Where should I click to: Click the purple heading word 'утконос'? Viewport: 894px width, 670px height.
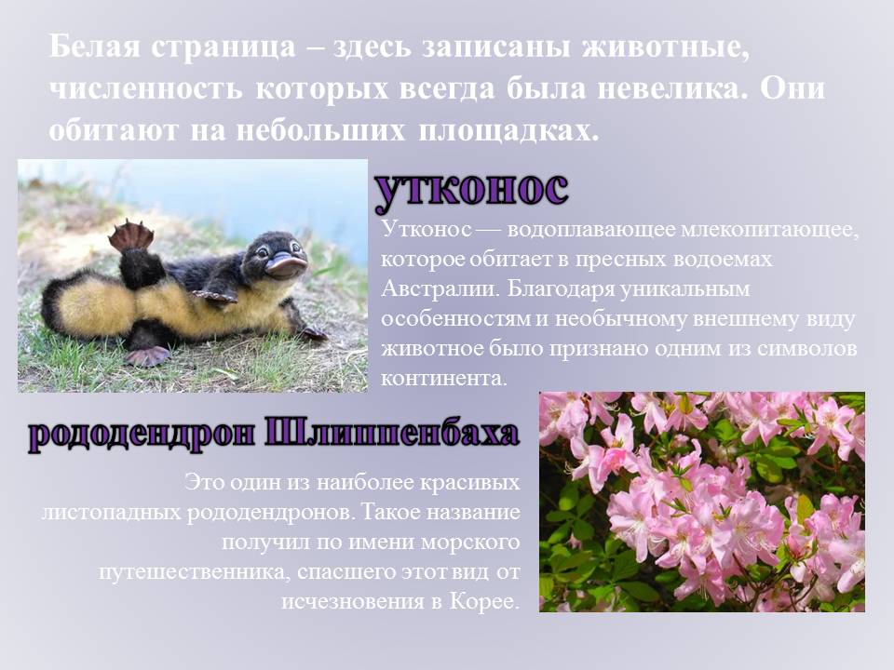point(471,191)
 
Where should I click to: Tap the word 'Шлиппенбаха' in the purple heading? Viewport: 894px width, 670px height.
point(392,435)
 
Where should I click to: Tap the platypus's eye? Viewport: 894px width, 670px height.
point(264,250)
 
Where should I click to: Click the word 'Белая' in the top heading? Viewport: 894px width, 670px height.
point(94,47)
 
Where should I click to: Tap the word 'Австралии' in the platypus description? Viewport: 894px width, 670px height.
point(440,288)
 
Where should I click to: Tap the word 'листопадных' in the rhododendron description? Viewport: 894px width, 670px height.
point(111,512)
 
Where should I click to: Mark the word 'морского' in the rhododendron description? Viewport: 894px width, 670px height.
point(470,542)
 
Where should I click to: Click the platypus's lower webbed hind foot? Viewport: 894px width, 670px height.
point(147,355)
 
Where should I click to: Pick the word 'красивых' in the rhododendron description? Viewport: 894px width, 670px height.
point(469,483)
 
